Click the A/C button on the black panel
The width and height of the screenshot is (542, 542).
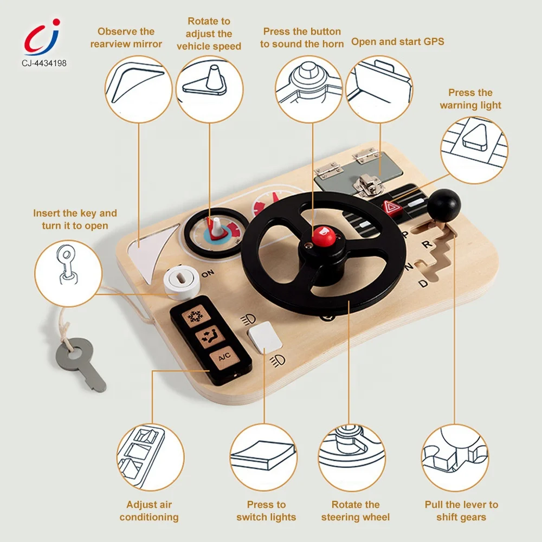click(x=224, y=357)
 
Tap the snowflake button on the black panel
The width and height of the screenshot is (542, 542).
click(x=193, y=318)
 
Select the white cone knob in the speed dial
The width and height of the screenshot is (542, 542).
click(x=216, y=228)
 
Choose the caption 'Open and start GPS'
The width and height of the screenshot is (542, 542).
click(x=397, y=42)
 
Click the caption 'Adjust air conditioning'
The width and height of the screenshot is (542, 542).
click(x=149, y=511)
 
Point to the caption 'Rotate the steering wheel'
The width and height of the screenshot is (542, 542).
click(x=355, y=511)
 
